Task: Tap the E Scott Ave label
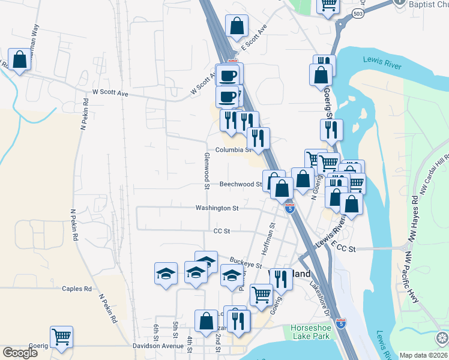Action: [253, 38]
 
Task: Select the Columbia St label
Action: [233, 149]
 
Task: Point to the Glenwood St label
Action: [205, 171]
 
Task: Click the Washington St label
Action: [217, 208]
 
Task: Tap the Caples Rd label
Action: [76, 289]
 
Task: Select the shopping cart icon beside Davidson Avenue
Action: [61, 337]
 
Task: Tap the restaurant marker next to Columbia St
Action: [259, 139]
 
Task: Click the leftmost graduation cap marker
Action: [166, 273]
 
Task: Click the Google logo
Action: [21, 353]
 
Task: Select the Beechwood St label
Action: [241, 185]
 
